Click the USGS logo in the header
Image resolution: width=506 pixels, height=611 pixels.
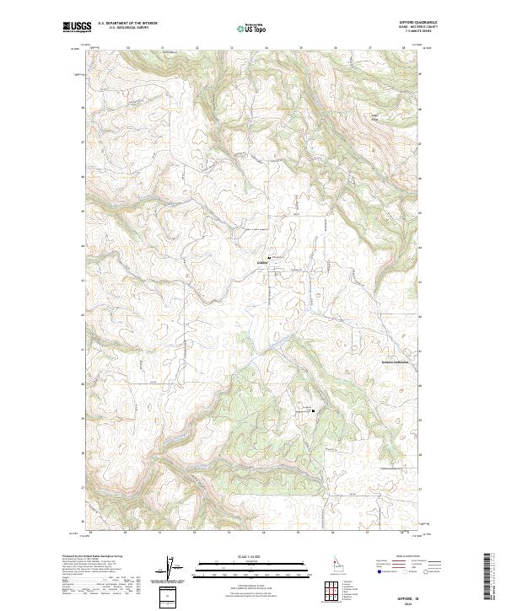pos(77,28)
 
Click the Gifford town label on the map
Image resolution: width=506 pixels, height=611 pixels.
pos(261,262)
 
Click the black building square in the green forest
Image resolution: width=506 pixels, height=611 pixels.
pos(313,410)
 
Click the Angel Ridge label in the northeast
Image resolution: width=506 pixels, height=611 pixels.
pos(374,116)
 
